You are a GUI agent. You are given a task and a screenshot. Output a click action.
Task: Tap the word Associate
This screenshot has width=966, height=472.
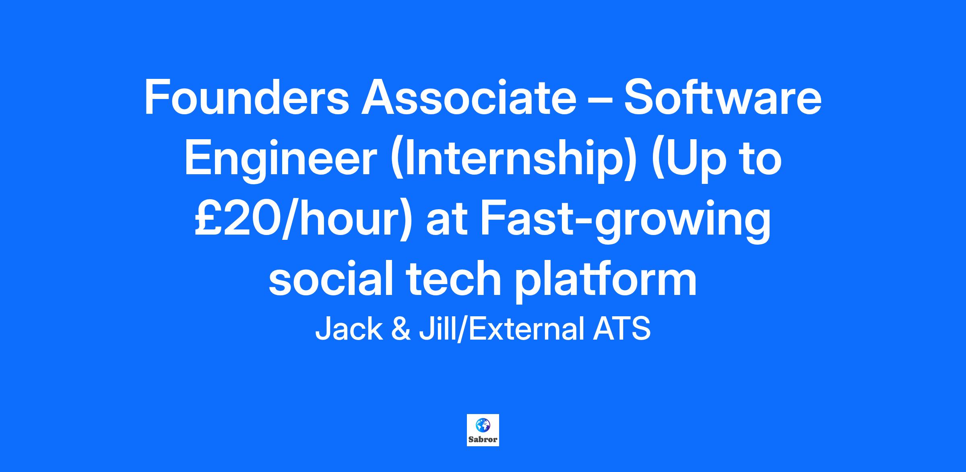coord(469,98)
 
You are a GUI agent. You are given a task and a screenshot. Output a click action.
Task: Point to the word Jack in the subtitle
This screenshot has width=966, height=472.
coord(348,329)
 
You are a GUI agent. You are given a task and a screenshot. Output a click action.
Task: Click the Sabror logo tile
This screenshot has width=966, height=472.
coord(483,430)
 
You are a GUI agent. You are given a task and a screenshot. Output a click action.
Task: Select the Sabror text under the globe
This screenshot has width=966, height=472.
coord(483,439)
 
